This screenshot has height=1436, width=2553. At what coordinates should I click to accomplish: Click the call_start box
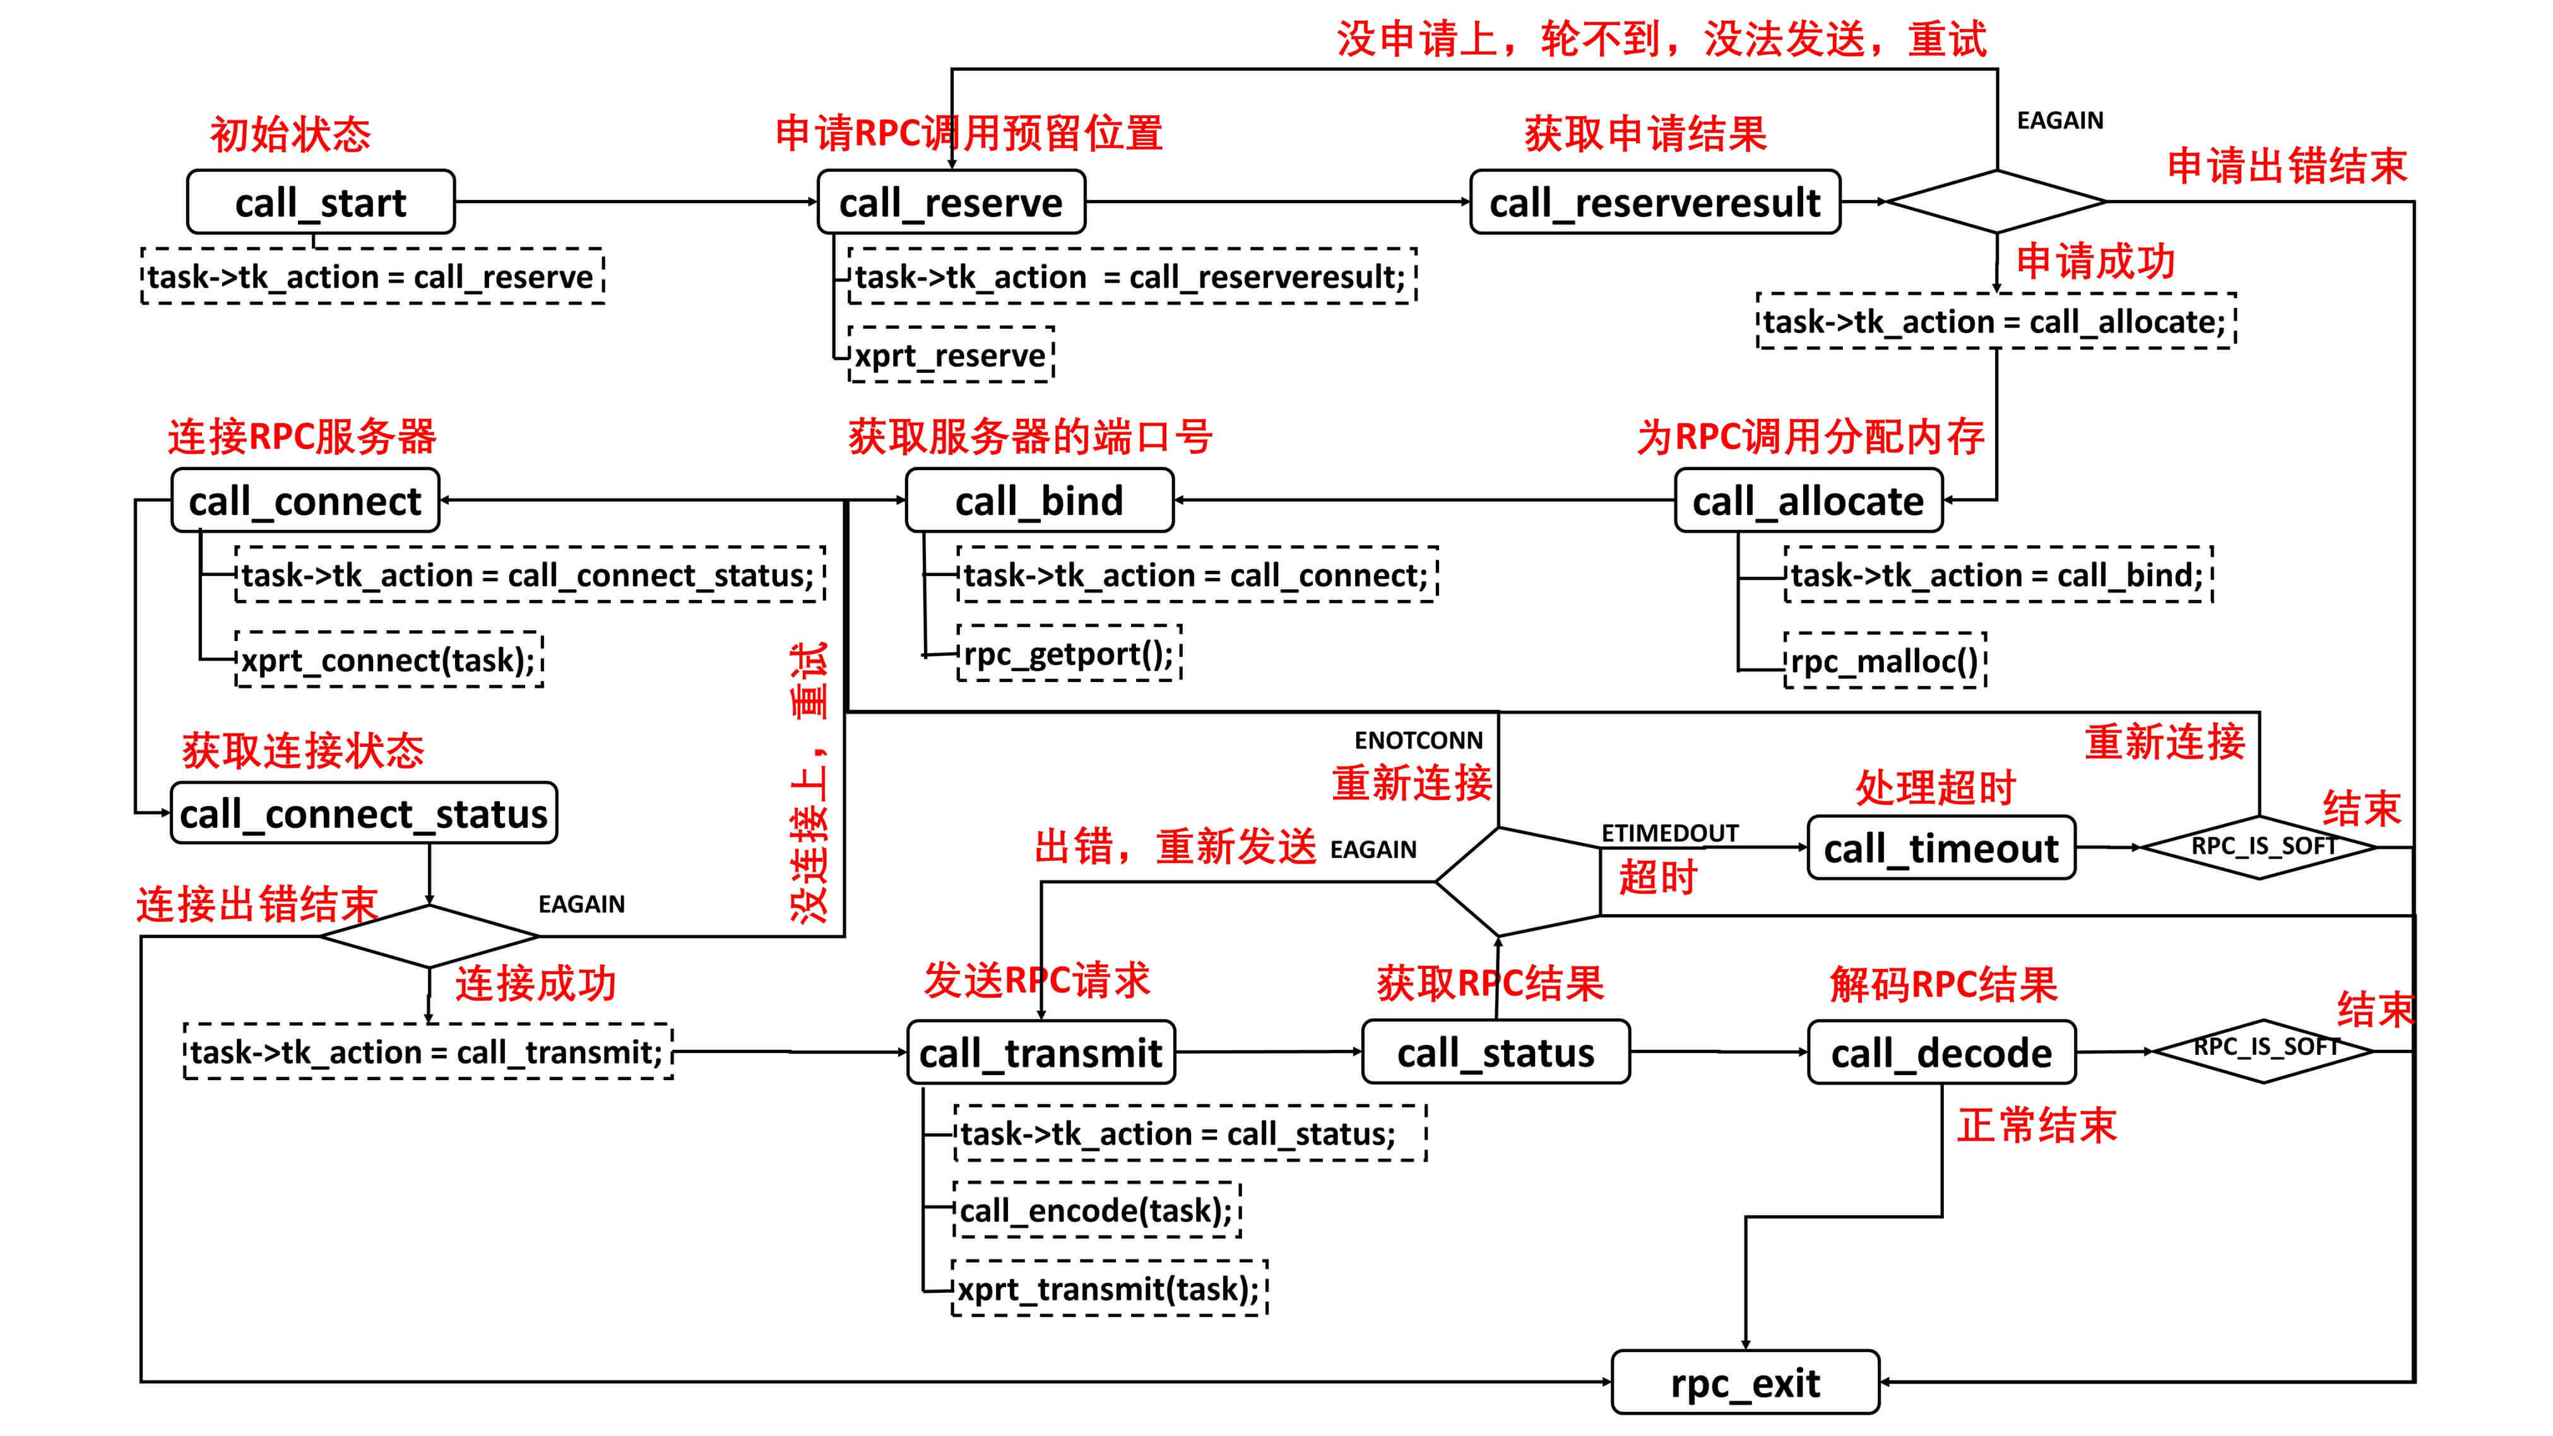pyautogui.click(x=320, y=202)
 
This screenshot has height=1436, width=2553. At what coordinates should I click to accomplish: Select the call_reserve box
pyautogui.click(x=951, y=202)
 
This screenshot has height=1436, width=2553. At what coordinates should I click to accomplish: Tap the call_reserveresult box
pyautogui.click(x=1654, y=202)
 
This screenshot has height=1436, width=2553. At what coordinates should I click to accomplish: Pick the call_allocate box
pyautogui.click(x=1808, y=500)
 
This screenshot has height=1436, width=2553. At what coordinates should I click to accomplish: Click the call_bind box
pyautogui.click(x=1039, y=500)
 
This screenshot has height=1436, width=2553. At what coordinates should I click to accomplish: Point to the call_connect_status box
pyautogui.click(x=363, y=814)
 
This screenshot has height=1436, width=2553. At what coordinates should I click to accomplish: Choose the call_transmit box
pyautogui.click(x=1041, y=1052)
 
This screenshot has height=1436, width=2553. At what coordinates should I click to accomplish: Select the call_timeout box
pyautogui.click(x=1941, y=849)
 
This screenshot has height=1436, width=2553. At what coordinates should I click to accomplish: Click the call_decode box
pyautogui.click(x=1941, y=1052)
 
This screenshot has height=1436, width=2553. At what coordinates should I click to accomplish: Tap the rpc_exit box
pyautogui.click(x=1744, y=1382)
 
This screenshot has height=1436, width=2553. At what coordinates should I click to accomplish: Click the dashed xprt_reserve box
pyautogui.click(x=951, y=355)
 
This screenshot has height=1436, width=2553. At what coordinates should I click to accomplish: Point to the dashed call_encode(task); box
pyautogui.click(x=1096, y=1210)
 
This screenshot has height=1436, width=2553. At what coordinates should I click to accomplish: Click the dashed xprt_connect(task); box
pyautogui.click(x=389, y=660)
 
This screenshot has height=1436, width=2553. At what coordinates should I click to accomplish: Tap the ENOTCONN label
pyautogui.click(x=1418, y=740)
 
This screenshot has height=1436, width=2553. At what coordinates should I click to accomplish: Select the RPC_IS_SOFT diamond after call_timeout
pyautogui.click(x=2259, y=847)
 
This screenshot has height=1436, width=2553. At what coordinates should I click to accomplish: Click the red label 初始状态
pyautogui.click(x=290, y=135)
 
